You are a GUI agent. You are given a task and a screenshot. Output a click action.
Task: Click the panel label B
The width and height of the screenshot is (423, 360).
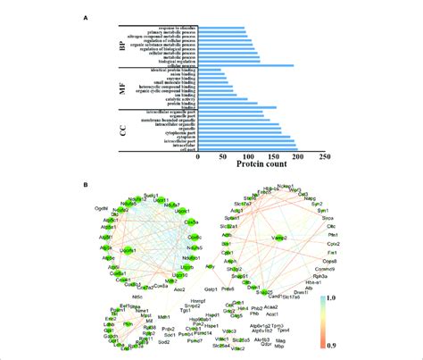click(x=85, y=185)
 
